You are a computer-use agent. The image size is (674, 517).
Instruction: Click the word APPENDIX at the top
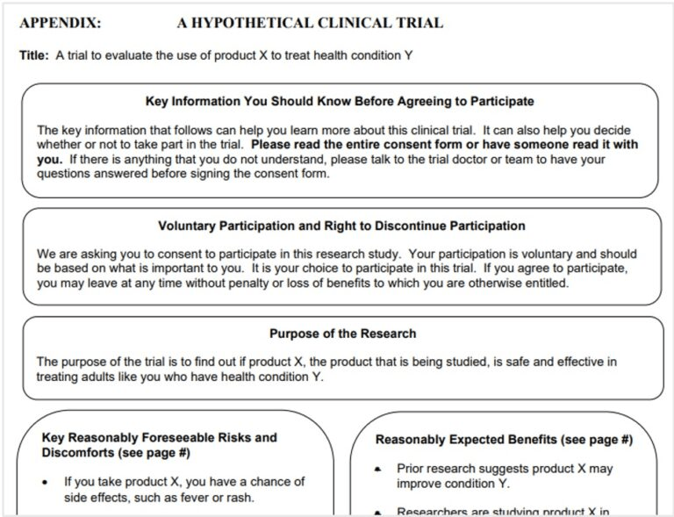pos(60,23)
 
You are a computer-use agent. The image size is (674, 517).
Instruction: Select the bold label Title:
pos(34,55)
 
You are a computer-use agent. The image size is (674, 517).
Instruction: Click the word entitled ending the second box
pos(543,283)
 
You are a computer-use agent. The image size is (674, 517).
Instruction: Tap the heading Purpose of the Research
pos(342,334)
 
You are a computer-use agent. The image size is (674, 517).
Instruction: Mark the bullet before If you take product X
pos(45,482)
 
